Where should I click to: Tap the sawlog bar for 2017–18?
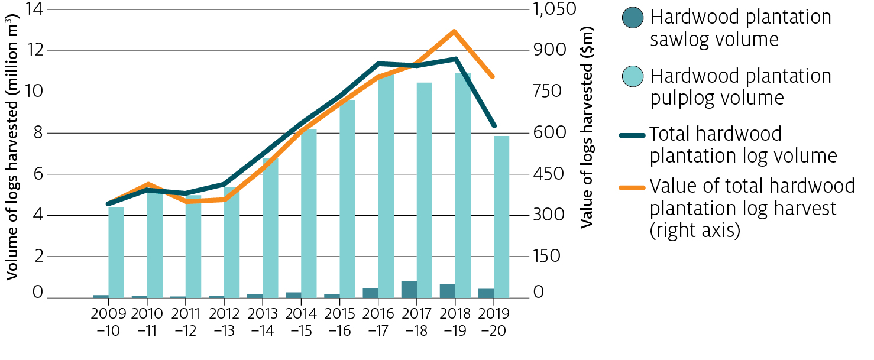[409, 289]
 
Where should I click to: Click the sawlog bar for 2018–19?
[448, 290]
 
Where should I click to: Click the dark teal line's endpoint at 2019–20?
[494, 126]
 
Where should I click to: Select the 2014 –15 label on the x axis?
[301, 322]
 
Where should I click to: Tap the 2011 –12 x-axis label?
[185, 322]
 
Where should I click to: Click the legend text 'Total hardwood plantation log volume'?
[743, 145]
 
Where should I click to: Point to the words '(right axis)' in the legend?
[695, 230]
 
